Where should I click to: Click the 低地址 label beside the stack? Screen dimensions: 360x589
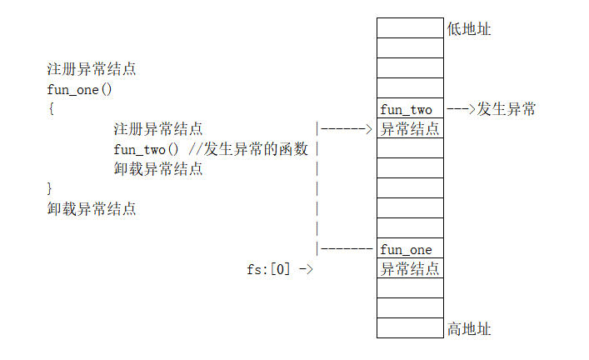pyautogui.click(x=469, y=29)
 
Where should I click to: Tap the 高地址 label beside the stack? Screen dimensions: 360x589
pyautogui.click(x=469, y=329)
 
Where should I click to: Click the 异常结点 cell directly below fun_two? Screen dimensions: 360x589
pyautogui.click(x=409, y=128)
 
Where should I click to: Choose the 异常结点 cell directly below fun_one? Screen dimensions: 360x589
pyautogui.click(x=409, y=268)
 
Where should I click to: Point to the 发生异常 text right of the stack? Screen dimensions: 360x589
pyautogui.click(x=507, y=109)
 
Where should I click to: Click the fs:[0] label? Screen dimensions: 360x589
pyautogui.click(x=268, y=269)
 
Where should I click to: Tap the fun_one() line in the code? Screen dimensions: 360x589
pyautogui.click(x=79, y=89)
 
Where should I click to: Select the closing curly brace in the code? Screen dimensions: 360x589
pyautogui.click(x=51, y=188)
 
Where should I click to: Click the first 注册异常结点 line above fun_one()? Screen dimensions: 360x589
pyautogui.click(x=92, y=69)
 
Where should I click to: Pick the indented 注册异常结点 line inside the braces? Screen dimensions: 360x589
pyautogui.click(x=158, y=129)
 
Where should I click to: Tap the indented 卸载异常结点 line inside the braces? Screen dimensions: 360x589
pyautogui.click(x=158, y=169)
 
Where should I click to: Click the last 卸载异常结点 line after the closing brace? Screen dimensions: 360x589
pyautogui.click(x=92, y=209)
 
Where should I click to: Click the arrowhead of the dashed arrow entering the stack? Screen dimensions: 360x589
pyautogui.click(x=367, y=129)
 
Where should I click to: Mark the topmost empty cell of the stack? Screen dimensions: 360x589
pyautogui.click(x=409, y=27)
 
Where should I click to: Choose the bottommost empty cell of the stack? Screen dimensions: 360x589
pyautogui.click(x=409, y=327)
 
